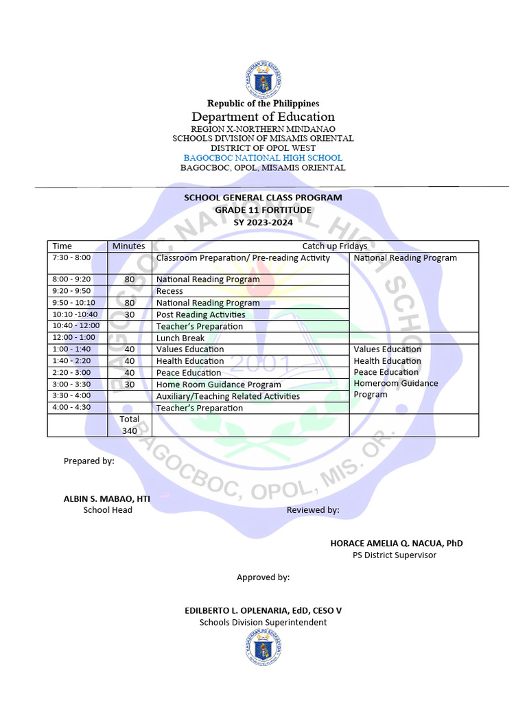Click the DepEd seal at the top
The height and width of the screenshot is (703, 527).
click(263, 80)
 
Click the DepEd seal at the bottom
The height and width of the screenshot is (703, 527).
click(263, 647)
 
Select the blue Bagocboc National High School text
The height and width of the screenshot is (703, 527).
click(263, 158)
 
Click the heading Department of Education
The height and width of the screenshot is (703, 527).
click(263, 117)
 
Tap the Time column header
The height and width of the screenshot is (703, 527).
click(62, 246)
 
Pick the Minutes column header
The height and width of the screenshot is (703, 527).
click(129, 246)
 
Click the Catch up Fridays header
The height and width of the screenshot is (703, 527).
click(335, 246)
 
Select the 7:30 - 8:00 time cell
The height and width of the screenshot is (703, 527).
click(71, 257)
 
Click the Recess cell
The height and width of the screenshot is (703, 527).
click(169, 291)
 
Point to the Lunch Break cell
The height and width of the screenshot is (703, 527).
click(180, 338)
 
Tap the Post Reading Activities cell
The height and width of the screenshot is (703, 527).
click(200, 314)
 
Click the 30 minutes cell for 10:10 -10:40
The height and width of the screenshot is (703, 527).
click(129, 314)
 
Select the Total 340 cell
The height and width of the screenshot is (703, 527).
click(129, 425)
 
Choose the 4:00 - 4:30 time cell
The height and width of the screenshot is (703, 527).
click(71, 407)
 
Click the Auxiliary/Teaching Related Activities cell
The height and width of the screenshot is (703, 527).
click(228, 396)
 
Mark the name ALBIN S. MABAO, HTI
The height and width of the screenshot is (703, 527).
click(106, 498)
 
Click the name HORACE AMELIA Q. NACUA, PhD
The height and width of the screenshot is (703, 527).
click(396, 543)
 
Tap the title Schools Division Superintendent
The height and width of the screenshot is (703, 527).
click(263, 622)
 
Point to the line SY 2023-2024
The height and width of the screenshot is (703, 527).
click(263, 222)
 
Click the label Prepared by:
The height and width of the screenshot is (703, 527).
click(89, 461)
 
